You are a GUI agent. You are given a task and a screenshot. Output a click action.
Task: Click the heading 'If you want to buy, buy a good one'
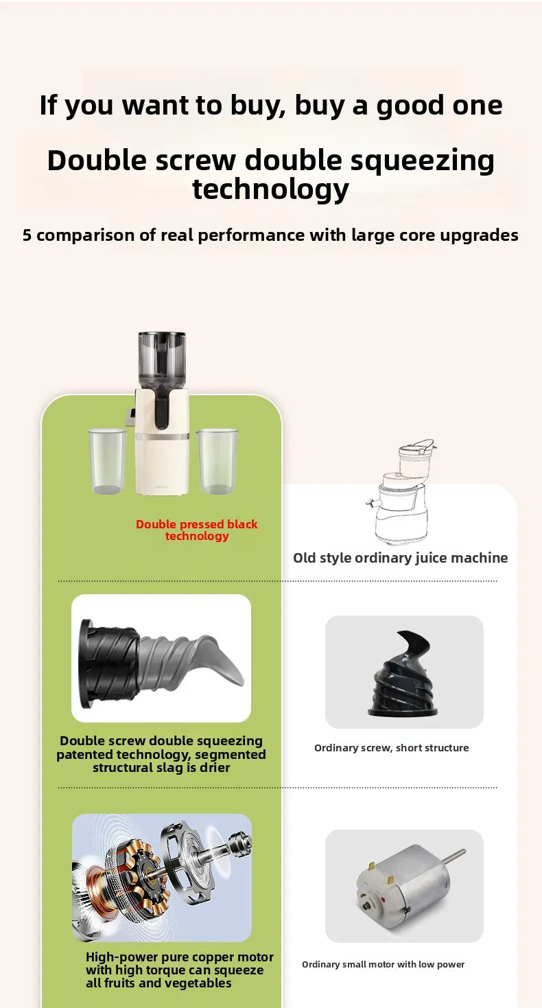click(270, 106)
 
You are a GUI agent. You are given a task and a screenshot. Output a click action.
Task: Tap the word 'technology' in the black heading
click(270, 189)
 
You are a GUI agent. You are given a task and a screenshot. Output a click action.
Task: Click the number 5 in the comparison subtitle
click(27, 235)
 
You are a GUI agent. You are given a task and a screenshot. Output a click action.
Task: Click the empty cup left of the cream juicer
click(108, 461)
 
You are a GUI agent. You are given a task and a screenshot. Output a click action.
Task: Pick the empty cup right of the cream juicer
click(217, 461)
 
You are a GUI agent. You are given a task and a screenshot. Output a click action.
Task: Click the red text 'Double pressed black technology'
click(197, 530)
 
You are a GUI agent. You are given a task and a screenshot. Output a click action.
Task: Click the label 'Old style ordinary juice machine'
click(401, 558)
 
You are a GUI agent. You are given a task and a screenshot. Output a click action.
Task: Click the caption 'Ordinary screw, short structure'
click(391, 748)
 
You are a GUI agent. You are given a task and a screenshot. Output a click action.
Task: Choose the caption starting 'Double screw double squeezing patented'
click(161, 754)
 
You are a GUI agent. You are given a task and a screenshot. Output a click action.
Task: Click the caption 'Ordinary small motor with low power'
click(383, 964)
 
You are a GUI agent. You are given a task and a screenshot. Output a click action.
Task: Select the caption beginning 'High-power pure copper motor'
click(179, 970)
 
